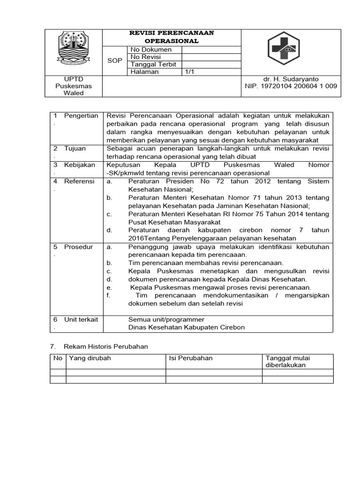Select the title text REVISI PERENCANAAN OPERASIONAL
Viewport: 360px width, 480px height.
click(x=171, y=37)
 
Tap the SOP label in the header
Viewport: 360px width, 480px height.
click(x=114, y=61)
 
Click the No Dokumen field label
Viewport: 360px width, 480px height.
click(x=151, y=50)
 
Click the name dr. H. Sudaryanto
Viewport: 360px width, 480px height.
click(x=291, y=79)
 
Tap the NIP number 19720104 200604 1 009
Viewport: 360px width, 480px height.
click(x=291, y=86)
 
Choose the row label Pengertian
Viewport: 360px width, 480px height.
click(x=81, y=116)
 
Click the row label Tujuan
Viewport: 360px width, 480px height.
click(x=75, y=149)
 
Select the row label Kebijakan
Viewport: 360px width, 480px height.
click(x=80, y=165)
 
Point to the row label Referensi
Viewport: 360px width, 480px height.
click(x=79, y=181)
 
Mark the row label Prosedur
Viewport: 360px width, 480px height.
click(x=79, y=247)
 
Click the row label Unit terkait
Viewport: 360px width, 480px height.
click(x=81, y=319)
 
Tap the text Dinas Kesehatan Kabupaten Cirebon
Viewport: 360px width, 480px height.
click(x=187, y=327)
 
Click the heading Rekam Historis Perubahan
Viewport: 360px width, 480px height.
click(x=106, y=346)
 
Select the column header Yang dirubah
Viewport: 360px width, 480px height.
click(x=90, y=358)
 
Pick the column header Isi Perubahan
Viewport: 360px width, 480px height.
click(x=191, y=358)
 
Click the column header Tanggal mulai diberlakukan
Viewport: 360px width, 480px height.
click(x=288, y=361)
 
